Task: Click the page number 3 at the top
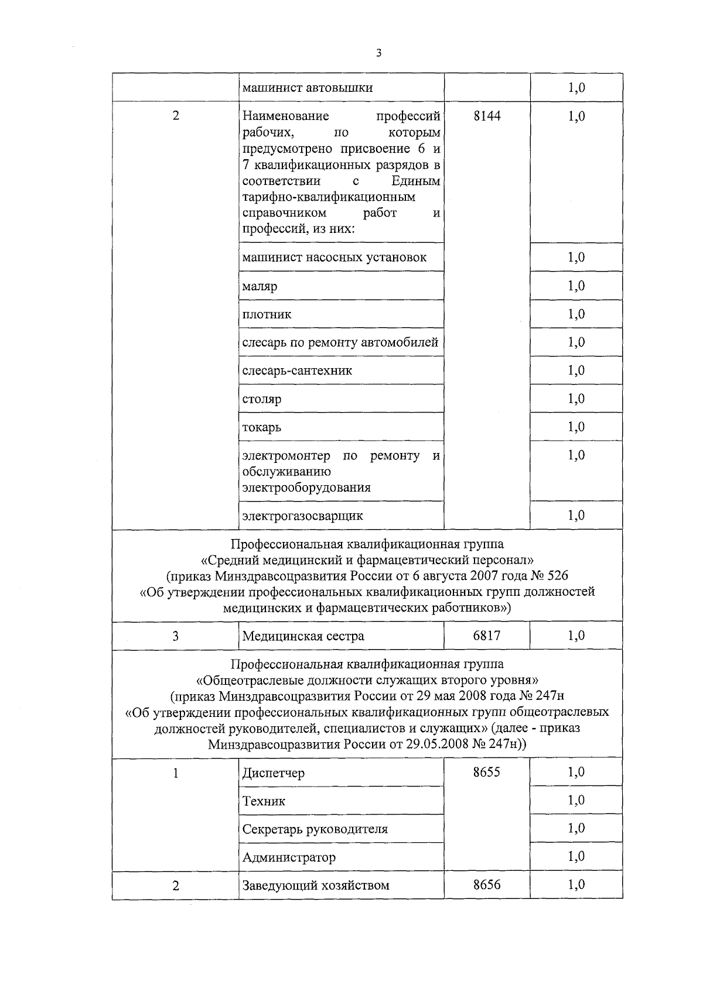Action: [378, 53]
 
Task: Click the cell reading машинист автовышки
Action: [308, 88]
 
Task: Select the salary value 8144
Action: [487, 116]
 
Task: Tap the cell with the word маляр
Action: [260, 286]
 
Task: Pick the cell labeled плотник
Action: [267, 314]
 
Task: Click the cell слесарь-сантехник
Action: [297, 370]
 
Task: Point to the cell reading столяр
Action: [262, 399]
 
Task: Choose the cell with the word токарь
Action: [262, 427]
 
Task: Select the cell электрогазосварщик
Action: [302, 516]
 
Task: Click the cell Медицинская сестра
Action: [303, 636]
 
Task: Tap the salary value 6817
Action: [487, 635]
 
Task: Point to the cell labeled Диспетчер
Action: [273, 773]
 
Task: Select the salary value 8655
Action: [487, 772]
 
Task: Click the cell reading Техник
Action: [264, 801]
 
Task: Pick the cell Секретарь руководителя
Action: [315, 829]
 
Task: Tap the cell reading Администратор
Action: [289, 857]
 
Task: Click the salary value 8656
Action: [487, 884]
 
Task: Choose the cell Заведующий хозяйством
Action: [316, 885]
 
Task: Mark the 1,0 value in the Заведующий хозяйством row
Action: [576, 884]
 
